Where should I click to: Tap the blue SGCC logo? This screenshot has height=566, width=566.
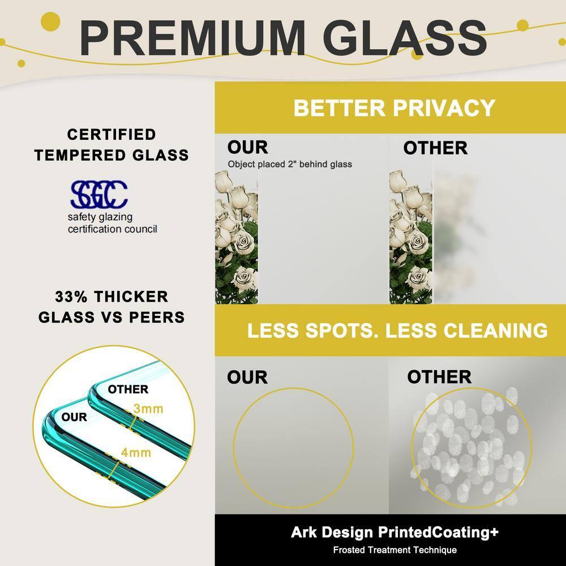pyautogui.click(x=99, y=194)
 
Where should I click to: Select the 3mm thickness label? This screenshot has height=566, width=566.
pyautogui.click(x=148, y=409)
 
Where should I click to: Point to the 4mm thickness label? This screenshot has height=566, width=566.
pyautogui.click(x=136, y=452)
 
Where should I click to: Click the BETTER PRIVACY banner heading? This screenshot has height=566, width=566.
pyautogui.click(x=394, y=108)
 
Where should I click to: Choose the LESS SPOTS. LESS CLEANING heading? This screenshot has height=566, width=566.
pyautogui.click(x=397, y=331)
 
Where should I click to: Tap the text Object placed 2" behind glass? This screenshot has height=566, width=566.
pyautogui.click(x=289, y=164)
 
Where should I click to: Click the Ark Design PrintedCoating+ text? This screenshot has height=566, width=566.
pyautogui.click(x=395, y=532)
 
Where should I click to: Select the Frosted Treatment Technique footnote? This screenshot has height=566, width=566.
pyautogui.click(x=395, y=550)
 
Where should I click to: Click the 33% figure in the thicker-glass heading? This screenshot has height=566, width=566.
pyautogui.click(x=71, y=297)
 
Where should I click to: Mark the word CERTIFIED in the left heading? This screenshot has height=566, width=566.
pyautogui.click(x=112, y=135)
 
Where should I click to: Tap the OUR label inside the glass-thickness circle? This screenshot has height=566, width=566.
pyautogui.click(x=74, y=417)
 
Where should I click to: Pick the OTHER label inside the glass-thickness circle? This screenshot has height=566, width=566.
pyautogui.click(x=128, y=389)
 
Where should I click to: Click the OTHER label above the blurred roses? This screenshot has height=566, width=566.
pyautogui.click(x=435, y=148)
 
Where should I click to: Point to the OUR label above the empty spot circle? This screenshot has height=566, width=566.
pyautogui.click(x=247, y=377)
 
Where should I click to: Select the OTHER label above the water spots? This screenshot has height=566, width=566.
pyautogui.click(x=439, y=377)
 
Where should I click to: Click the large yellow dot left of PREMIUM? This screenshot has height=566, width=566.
pyautogui.click(x=50, y=22)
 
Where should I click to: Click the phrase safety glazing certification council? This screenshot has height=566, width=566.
pyautogui.click(x=112, y=223)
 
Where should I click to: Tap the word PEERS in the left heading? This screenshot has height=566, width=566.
pyautogui.click(x=157, y=318)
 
